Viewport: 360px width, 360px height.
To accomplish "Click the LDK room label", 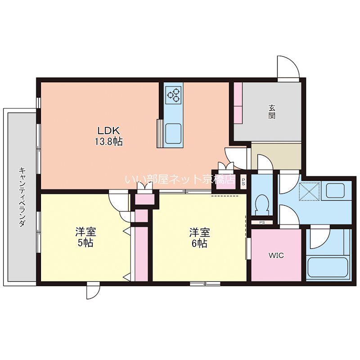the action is [108, 130].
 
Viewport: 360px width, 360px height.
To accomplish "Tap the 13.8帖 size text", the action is [108, 142].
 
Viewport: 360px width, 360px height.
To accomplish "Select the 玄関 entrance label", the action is [272, 112].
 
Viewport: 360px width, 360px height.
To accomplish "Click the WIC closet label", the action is [276, 255].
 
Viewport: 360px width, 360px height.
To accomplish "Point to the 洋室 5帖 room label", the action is [85, 238].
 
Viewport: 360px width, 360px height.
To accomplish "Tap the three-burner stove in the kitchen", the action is [173, 94].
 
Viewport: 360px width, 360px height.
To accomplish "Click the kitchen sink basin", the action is [173, 133].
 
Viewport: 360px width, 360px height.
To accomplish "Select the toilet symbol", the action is [262, 202].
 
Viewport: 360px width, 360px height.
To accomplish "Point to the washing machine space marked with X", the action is [310, 191].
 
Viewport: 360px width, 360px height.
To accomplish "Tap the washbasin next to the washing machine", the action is [335, 190].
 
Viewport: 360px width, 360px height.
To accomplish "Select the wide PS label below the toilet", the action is [262, 222].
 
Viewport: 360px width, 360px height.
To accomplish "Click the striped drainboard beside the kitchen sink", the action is [160, 133].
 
